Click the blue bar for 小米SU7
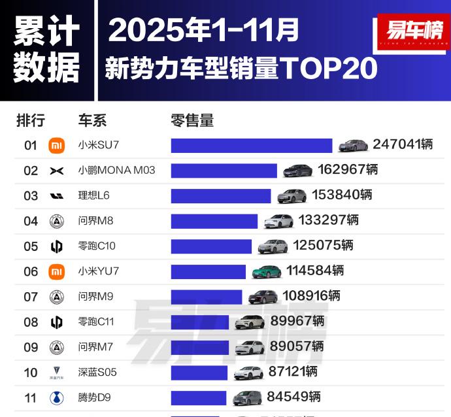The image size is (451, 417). click(252, 145)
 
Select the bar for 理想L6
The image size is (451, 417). click(221, 195)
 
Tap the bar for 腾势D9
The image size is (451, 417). click(199, 397)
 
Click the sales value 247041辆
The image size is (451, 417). click(403, 144)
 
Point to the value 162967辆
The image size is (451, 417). click(348, 170)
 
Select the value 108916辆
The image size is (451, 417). click(311, 296)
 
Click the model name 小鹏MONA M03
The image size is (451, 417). click(116, 171)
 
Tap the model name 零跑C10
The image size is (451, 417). click(97, 246)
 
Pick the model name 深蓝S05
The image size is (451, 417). click(97, 373)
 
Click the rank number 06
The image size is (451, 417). click(31, 271)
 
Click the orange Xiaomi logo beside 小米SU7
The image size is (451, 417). click(57, 145)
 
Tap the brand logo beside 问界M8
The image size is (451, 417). click(57, 221)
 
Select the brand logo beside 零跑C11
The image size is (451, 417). click(57, 322)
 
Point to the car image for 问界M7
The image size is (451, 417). click(250, 347)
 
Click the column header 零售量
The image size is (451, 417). click(192, 120)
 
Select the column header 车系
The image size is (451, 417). click(92, 120)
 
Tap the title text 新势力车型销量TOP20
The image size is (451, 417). click(241, 68)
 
